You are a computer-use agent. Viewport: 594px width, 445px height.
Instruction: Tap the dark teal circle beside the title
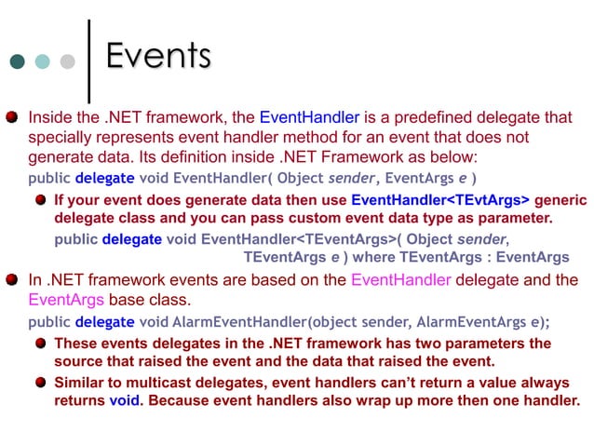(x=18, y=61)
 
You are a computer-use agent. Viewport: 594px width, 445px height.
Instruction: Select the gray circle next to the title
(x=67, y=61)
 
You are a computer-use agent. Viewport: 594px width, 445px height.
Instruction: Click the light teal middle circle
(x=43, y=61)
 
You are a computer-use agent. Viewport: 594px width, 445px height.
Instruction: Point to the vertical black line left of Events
(x=88, y=58)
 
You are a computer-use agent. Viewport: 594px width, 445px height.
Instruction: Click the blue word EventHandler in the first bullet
(x=309, y=118)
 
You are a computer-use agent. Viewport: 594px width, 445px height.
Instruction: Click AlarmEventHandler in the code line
(x=237, y=322)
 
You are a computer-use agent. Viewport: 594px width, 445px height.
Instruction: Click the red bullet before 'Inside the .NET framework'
(x=12, y=118)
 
